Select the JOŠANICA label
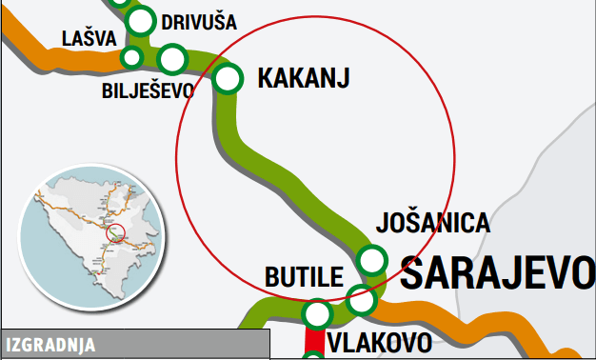coord(433,223)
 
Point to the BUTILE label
coord(303,279)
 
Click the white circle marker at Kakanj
coord(228,78)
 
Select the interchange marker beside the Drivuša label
coord(141,21)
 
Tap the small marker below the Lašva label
coord(132,58)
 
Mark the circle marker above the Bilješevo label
coord(172,59)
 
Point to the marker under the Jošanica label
coord(371,259)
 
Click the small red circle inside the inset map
coord(116,232)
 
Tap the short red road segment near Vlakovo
coord(313,339)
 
